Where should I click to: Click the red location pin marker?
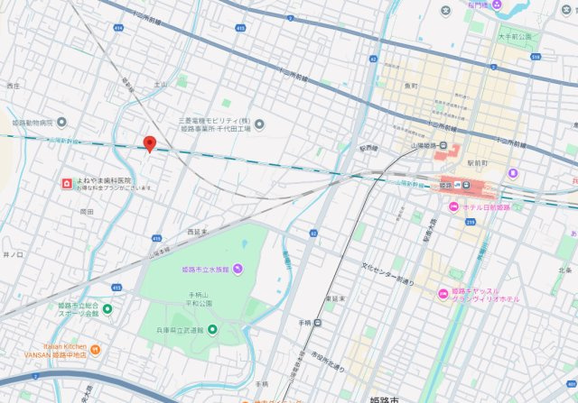(150, 143)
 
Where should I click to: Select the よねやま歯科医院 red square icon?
(66, 183)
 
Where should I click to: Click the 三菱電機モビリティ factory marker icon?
(260, 124)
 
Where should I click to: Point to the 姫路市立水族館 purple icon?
(238, 269)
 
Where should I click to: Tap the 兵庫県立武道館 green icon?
(213, 329)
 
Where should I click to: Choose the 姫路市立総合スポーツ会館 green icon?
(107, 309)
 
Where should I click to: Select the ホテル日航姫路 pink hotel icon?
(444, 206)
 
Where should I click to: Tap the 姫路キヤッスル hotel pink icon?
(443, 294)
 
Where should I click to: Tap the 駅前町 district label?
(478, 163)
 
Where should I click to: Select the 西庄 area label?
(13, 86)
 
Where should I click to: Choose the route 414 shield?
(118, 28)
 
